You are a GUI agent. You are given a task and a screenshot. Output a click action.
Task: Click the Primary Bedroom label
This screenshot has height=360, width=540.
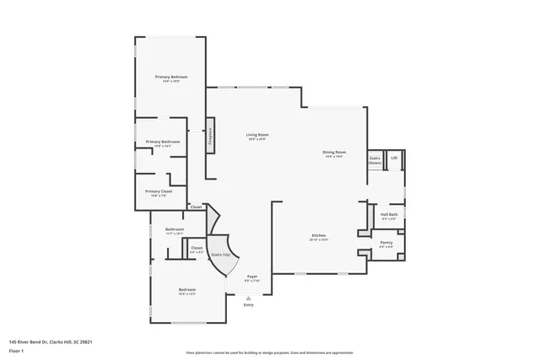point(171,78)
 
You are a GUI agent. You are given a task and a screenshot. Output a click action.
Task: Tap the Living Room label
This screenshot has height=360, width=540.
point(257,135)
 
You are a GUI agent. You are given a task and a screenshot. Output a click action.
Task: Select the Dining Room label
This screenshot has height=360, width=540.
point(334,153)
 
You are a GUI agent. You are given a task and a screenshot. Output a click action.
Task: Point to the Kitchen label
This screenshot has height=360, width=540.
point(318,236)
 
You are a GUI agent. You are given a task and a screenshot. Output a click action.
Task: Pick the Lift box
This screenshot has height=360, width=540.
point(394,158)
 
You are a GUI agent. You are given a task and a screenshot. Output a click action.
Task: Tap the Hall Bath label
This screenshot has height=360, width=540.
point(388,216)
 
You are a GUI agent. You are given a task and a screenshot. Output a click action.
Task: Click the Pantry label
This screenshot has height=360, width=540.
point(386,244)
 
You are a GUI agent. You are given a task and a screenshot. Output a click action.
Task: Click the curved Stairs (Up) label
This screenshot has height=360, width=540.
point(221,254)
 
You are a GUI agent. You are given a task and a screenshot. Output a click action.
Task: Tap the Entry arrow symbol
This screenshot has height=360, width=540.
point(248,298)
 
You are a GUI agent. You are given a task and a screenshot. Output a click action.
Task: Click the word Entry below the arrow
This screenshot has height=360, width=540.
point(248,304)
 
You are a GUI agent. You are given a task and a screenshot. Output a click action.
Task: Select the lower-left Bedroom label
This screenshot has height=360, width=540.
point(187,290)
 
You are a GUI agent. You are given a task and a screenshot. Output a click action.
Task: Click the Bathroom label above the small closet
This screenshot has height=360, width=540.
point(175,230)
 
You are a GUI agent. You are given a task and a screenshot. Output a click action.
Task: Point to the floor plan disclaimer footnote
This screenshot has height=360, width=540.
point(269,353)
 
